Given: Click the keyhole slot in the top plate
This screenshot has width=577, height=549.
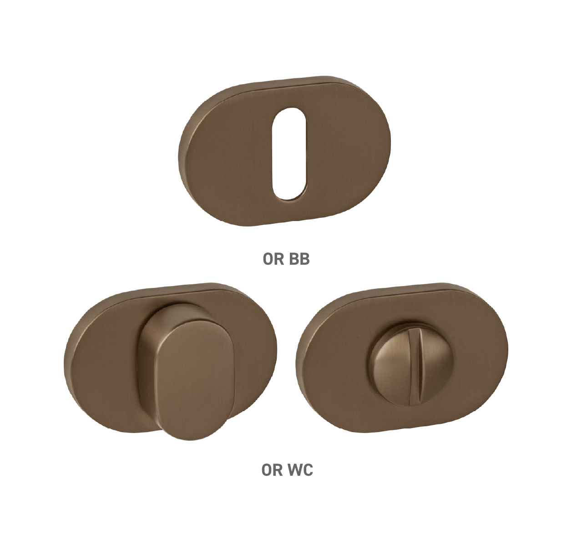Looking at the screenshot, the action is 289,154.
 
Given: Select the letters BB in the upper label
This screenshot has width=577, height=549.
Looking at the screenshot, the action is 299,259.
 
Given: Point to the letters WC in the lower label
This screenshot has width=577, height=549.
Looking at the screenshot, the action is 300,470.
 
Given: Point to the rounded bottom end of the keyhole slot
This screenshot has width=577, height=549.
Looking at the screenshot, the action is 289,195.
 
